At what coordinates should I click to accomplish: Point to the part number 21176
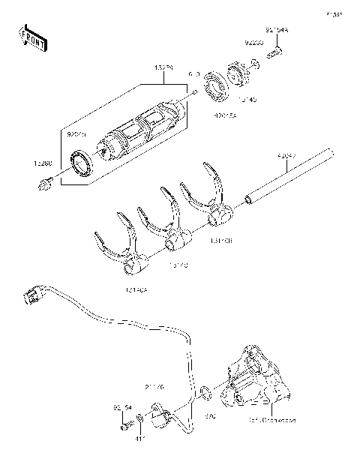click(154, 388)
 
